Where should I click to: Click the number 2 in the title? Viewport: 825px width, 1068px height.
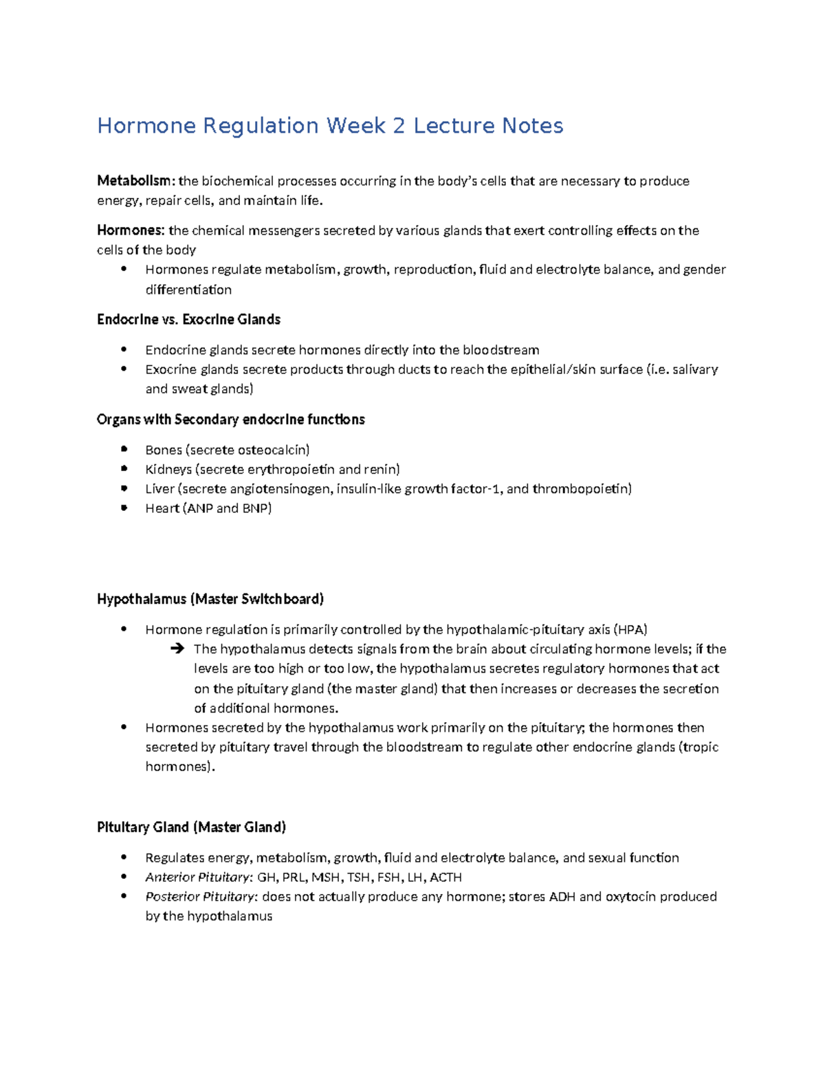coord(399,126)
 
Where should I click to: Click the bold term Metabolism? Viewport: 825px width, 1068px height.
coord(136,181)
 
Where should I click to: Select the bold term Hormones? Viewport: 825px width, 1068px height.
coord(131,230)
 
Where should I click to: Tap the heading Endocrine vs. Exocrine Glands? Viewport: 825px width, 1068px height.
coord(188,319)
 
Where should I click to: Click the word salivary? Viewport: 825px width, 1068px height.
coord(695,369)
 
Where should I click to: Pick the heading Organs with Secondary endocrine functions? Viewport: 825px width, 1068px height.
coord(230,419)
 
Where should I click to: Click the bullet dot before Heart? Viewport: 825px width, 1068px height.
coord(124,508)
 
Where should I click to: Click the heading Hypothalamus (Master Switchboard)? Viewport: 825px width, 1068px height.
coord(210,599)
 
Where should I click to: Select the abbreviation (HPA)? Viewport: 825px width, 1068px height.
coord(631,629)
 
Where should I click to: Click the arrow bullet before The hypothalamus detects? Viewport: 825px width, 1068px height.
coord(177,649)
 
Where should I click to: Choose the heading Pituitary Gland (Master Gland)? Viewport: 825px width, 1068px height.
coord(191,827)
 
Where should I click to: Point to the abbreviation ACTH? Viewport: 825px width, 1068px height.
coord(445,877)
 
